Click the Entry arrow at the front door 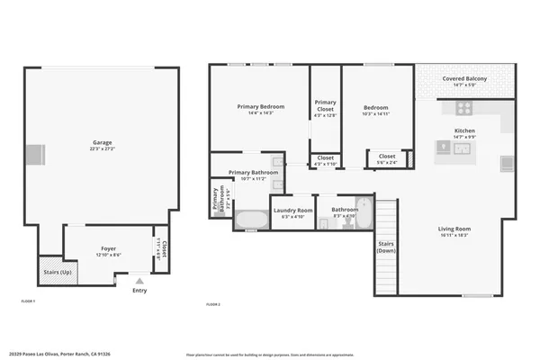coord(139,281)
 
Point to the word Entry coord(139,291)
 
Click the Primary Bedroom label coord(260,106)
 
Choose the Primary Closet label coord(325,105)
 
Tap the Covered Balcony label coord(464,79)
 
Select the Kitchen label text coord(464,130)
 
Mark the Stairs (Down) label coord(386,247)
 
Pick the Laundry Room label coord(292,210)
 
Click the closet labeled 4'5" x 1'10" coord(325,159)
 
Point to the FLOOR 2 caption coord(213,306)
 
